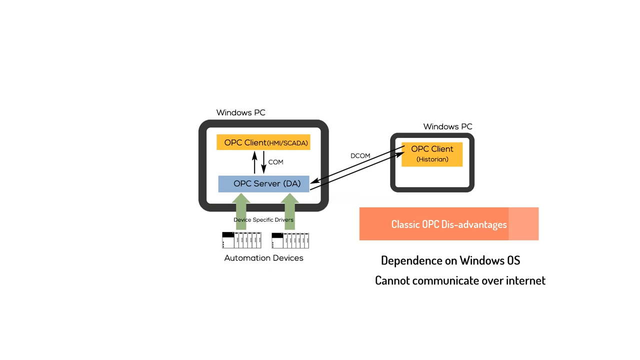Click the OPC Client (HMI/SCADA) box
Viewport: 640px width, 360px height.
(x=263, y=142)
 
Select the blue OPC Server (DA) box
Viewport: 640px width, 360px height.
(x=263, y=183)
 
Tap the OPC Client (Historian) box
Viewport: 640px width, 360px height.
(x=432, y=154)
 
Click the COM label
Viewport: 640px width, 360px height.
(x=275, y=162)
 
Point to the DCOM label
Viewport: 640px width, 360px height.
(x=360, y=155)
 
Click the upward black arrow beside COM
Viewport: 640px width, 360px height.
(x=254, y=162)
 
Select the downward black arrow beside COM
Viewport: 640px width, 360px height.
(x=263, y=162)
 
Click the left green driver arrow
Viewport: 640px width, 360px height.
(x=241, y=211)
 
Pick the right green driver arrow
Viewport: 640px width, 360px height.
(x=289, y=211)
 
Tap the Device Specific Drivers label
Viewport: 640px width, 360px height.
(x=263, y=219)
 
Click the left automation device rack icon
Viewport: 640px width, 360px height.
(x=241, y=240)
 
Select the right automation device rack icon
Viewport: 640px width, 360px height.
(x=290, y=240)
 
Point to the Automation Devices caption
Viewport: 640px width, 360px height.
(x=263, y=258)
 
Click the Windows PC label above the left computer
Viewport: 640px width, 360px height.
(x=241, y=112)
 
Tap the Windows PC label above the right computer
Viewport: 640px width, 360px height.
(x=447, y=126)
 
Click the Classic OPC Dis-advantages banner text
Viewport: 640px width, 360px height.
(x=449, y=224)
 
